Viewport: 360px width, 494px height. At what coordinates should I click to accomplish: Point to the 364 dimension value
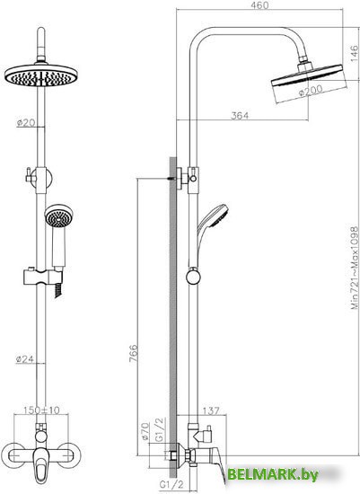[x=240, y=114]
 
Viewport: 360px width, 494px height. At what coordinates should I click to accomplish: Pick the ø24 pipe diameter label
[x=24, y=359]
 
